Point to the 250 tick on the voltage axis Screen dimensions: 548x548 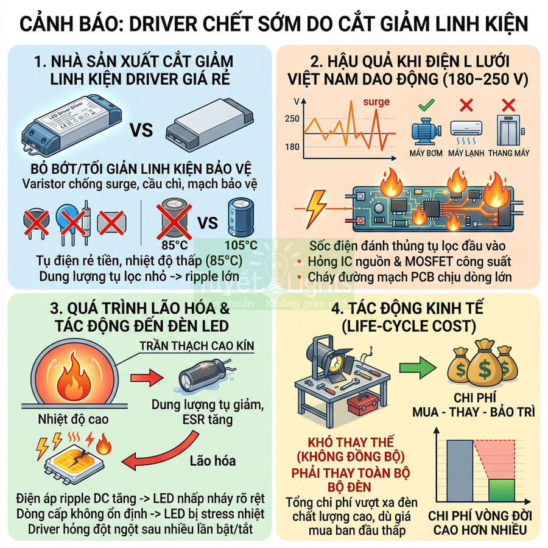pos(292,119)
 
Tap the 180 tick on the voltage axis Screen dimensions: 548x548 pos(292,147)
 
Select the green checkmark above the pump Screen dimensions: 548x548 pos(427,106)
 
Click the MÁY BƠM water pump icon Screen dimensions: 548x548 pos(427,132)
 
